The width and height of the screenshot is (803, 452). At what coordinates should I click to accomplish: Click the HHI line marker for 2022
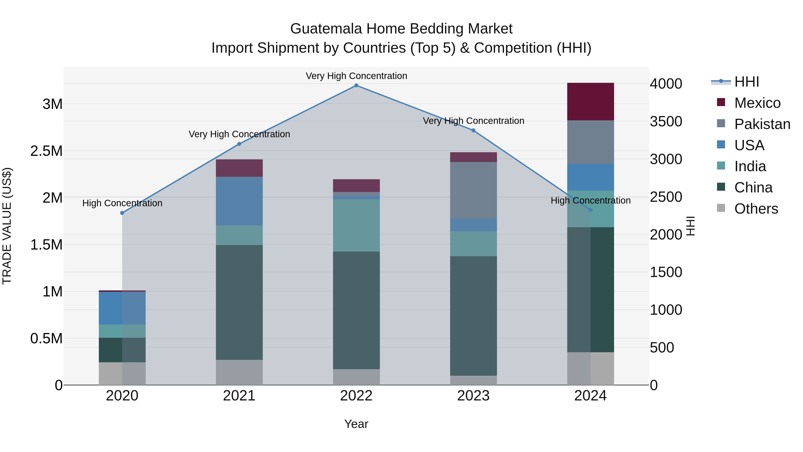coord(356,85)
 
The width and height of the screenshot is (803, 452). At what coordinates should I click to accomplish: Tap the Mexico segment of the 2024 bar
coord(590,102)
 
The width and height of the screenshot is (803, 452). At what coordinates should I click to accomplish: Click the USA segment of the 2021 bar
coord(239,201)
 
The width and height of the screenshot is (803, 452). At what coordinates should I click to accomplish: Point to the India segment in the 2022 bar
coord(356,225)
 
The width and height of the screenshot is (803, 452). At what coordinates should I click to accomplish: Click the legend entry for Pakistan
coord(762,124)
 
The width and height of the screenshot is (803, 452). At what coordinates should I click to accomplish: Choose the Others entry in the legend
coord(756,209)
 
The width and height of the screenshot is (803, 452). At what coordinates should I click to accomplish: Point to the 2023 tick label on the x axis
coord(473,396)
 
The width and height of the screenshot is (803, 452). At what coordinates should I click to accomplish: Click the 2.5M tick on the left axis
coord(46,151)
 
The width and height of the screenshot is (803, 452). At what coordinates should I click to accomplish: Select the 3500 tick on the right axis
coord(666,122)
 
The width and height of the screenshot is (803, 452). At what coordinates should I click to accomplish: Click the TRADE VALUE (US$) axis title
coord(7,226)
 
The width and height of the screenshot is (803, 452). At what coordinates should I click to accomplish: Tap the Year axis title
coord(356,424)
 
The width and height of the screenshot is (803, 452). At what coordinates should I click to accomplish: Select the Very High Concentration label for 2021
coord(239,134)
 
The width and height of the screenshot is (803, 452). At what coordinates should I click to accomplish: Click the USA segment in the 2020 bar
coord(122,308)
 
